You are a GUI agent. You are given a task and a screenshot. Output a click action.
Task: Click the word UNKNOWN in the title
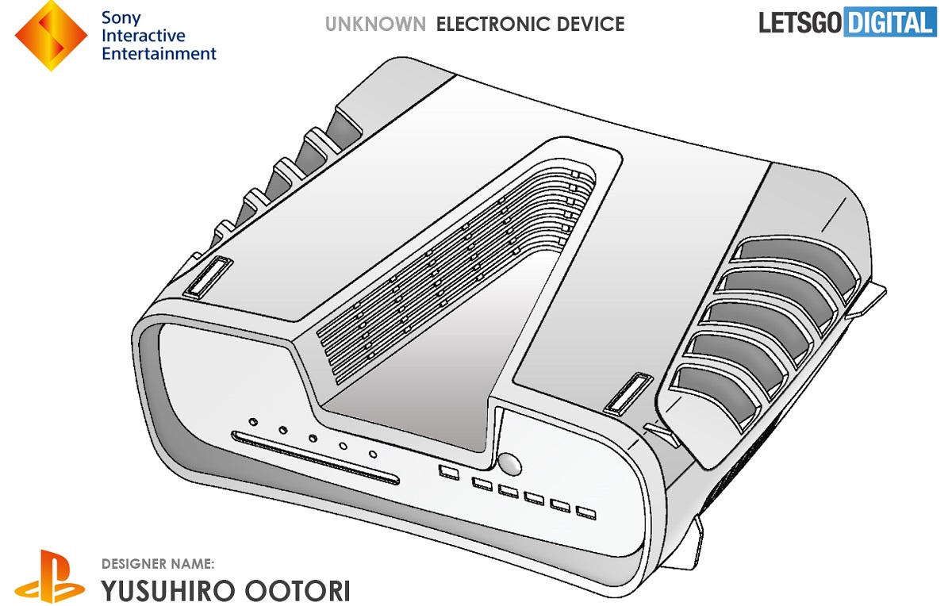point(375,25)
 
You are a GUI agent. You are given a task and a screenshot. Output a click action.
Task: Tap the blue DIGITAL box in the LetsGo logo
point(889,23)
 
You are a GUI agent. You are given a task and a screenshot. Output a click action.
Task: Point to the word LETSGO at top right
point(800,23)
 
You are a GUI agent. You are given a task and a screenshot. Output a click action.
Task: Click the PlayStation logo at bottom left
point(50,577)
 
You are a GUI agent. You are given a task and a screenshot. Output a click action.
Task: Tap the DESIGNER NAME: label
point(158,564)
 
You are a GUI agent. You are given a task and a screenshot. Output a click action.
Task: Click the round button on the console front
point(509,462)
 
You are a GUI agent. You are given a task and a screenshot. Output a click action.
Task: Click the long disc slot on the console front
point(315,458)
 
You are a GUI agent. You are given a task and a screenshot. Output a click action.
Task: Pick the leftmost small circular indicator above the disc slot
point(253,422)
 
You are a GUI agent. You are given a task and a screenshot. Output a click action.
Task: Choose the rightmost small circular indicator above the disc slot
point(372,454)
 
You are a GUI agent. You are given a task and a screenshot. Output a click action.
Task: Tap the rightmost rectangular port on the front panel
point(585,513)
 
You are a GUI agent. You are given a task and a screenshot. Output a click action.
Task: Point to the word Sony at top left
point(121,17)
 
